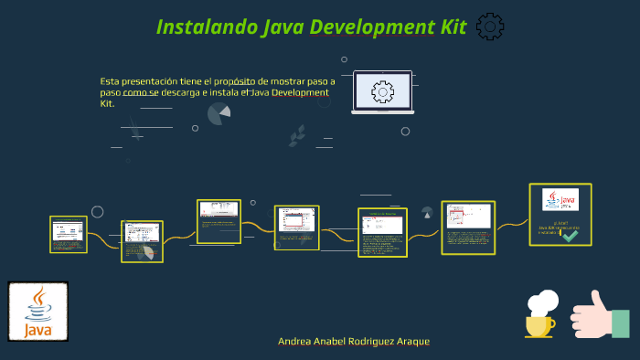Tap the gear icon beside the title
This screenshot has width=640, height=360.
[491, 26]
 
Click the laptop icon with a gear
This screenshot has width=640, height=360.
[382, 92]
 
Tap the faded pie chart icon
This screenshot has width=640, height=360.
[219, 113]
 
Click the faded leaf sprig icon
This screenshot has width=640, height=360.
[297, 135]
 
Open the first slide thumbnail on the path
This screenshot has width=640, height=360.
[69, 234]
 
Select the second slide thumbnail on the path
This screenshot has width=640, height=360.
[142, 240]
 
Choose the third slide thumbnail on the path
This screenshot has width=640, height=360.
[219, 221]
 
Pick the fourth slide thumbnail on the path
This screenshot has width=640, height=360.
[296, 227]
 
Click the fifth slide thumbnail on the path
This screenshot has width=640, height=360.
[382, 232]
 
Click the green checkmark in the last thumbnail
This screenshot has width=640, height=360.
[570, 235]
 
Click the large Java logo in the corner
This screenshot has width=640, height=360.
[37, 311]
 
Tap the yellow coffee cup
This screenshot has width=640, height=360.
[540, 323]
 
